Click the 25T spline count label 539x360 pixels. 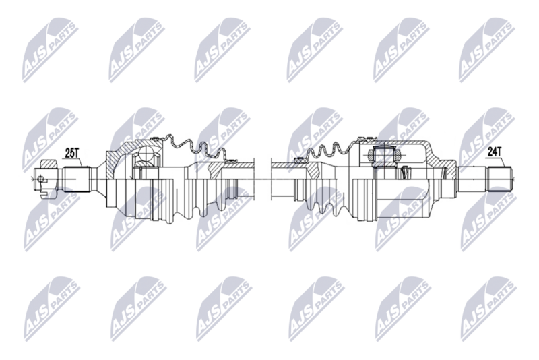(72, 154)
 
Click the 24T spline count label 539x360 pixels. (495, 152)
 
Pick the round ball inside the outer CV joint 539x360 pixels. (144, 160)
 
